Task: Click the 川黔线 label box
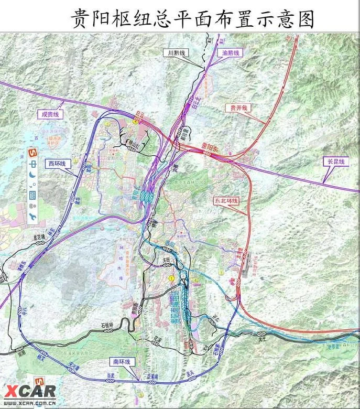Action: click(x=174, y=53)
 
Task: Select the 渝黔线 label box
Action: click(x=229, y=53)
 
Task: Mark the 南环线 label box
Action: click(x=122, y=362)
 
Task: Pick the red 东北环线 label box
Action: click(x=226, y=201)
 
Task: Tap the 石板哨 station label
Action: click(x=107, y=326)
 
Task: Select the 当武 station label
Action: click(x=111, y=374)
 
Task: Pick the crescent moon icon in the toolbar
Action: click(x=32, y=175)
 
